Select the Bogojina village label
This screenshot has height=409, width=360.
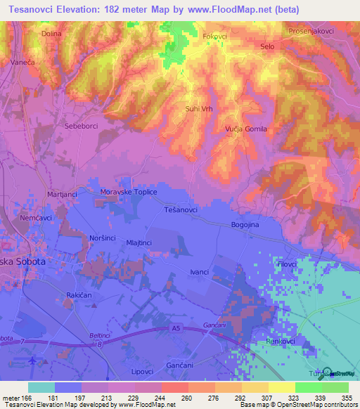[246, 225]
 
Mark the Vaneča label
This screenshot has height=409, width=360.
[23, 63]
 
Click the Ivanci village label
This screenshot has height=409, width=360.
[200, 271]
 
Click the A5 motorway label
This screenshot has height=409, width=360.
[176, 327]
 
